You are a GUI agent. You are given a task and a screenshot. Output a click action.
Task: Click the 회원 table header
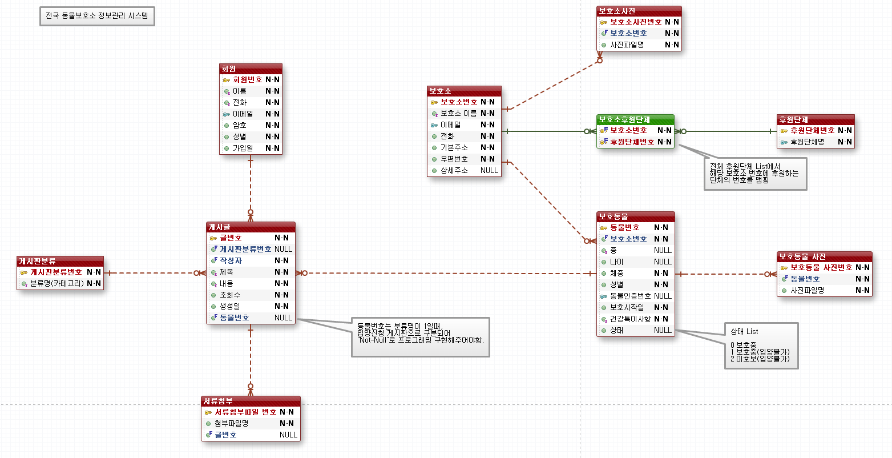[x=251, y=69]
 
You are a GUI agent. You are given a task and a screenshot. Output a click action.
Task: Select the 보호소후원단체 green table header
[x=635, y=119]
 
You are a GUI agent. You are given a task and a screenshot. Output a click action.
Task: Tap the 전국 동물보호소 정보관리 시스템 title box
[x=97, y=16]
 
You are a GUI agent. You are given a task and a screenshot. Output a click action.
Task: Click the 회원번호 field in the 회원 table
[x=247, y=79]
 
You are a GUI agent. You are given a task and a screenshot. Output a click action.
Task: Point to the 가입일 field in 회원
[x=243, y=148]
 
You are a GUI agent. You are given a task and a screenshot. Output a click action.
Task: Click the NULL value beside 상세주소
[x=489, y=170]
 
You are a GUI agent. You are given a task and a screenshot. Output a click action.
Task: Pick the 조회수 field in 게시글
[x=230, y=295]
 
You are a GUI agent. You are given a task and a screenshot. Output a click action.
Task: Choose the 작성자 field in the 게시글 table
[x=231, y=260]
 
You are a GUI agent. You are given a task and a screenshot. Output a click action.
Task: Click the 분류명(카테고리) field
[x=56, y=283]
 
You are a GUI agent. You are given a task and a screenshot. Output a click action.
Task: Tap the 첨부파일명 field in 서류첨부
[x=231, y=423]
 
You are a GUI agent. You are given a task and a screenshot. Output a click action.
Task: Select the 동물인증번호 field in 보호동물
[x=630, y=296]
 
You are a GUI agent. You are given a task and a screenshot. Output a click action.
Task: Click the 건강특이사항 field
[x=630, y=319]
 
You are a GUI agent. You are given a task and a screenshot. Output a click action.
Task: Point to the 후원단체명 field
[x=807, y=142]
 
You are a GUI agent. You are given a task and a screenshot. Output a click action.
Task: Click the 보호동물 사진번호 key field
[x=821, y=267]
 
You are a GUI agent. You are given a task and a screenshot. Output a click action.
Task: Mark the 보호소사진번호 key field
[x=635, y=22]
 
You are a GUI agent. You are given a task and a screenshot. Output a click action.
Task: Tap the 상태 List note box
[x=761, y=345]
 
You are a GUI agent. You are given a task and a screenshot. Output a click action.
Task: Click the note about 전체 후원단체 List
[x=755, y=173]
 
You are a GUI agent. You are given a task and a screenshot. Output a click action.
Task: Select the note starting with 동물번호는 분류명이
[x=420, y=337]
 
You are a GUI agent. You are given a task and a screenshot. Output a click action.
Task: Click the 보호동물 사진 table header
[x=824, y=256]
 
